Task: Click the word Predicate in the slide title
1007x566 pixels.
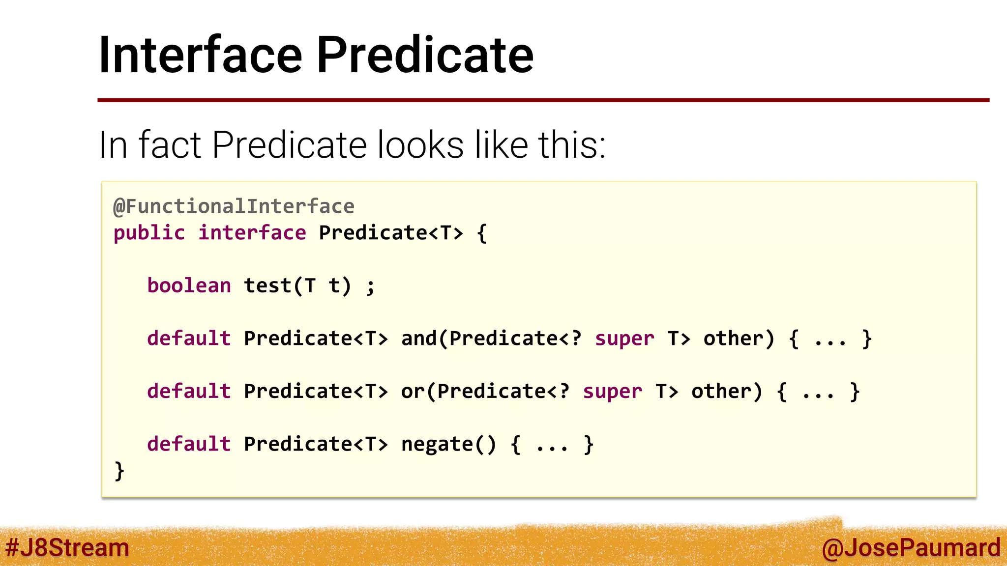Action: coord(425,55)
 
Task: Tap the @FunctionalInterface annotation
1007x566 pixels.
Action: coord(234,206)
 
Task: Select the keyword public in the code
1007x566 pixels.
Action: coord(149,233)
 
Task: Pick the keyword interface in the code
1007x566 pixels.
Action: coord(252,233)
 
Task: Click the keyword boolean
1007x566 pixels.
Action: coord(189,285)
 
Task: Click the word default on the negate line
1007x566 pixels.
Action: coord(189,444)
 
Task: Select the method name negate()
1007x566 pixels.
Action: coord(448,444)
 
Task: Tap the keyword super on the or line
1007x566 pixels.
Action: coord(612,392)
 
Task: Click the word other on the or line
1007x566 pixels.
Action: coord(727,392)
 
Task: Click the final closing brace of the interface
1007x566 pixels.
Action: coord(119,471)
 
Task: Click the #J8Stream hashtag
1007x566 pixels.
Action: coord(67,547)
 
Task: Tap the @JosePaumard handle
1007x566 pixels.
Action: coord(911,547)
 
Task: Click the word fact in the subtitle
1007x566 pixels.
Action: coord(170,145)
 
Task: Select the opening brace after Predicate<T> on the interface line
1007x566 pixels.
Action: coord(482,233)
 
